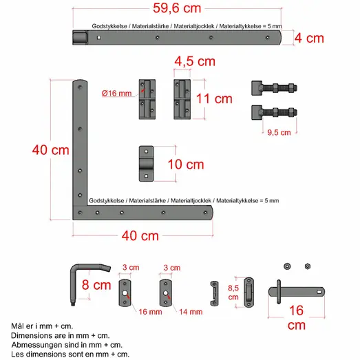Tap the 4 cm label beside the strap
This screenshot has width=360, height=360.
tap(309, 39)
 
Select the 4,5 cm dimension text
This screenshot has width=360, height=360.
tap(194, 61)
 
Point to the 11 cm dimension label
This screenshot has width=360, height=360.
tap(214, 98)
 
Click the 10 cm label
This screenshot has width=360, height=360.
tap(185, 165)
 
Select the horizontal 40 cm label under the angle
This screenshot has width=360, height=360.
tap(140, 236)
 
